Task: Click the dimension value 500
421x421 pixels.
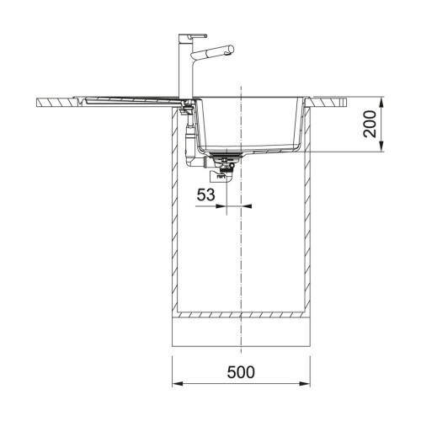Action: (241, 372)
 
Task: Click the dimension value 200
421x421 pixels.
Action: (370, 124)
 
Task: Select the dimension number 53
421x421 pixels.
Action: (205, 195)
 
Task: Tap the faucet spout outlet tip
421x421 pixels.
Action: (232, 50)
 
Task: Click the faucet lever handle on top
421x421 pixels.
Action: (197, 35)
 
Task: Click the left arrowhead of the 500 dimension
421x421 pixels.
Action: (178, 384)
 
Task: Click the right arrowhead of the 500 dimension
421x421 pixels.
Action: (305, 384)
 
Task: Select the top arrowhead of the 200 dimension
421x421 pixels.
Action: (381, 103)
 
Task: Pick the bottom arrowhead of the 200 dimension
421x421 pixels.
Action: (381, 147)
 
